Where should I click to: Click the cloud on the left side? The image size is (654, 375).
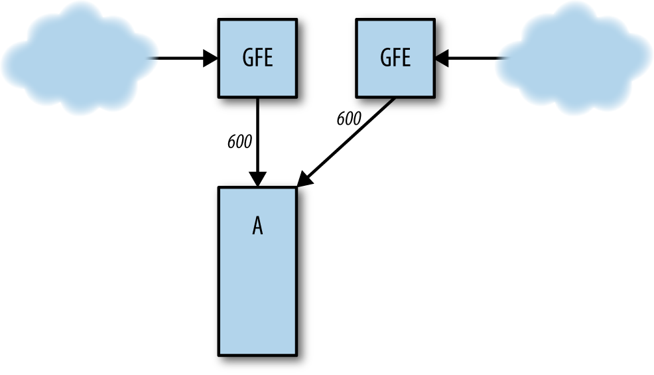[76, 58]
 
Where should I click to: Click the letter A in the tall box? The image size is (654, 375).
[257, 227]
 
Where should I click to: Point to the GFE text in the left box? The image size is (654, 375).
[257, 58]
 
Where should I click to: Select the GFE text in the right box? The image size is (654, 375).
[395, 58]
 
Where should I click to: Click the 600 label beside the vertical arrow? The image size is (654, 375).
[239, 142]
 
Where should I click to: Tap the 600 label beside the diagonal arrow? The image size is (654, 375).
[348, 119]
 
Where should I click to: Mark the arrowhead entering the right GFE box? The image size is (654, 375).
[442, 58]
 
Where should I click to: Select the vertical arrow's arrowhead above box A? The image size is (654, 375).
[257, 179]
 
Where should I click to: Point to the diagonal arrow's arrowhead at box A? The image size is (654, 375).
[304, 179]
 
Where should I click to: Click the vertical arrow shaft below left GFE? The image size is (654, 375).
[257, 133]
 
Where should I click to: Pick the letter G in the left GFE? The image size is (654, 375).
[247, 58]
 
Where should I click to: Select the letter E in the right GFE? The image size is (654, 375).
[405, 58]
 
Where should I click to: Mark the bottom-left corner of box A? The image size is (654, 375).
[220, 354]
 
